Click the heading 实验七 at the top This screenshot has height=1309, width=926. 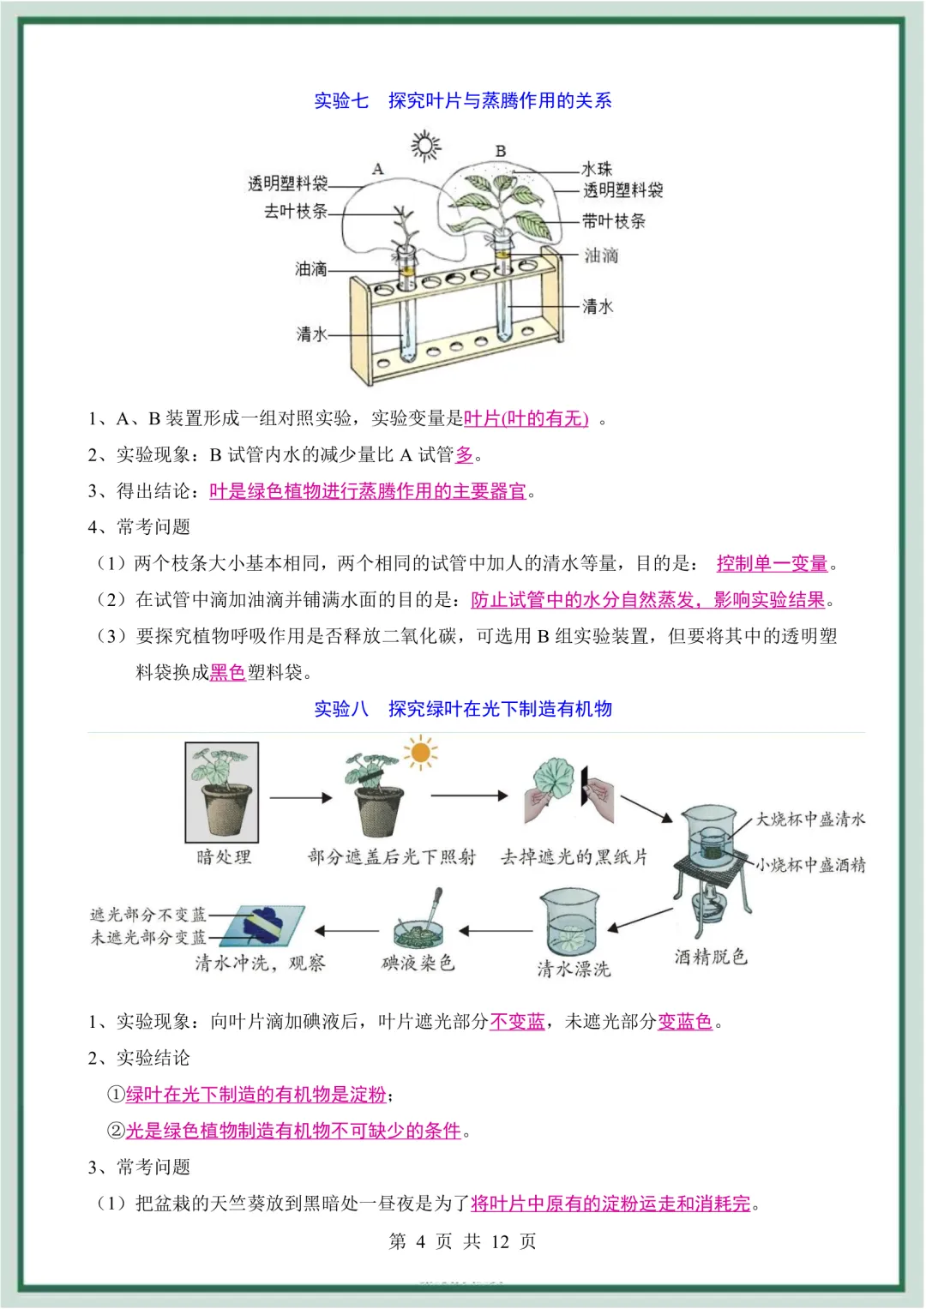tap(341, 101)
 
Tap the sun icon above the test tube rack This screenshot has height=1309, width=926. tap(425, 146)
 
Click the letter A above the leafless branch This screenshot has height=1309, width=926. tap(377, 169)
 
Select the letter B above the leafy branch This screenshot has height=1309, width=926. tap(501, 151)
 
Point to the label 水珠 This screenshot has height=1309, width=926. tap(597, 169)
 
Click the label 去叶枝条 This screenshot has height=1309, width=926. tap(295, 211)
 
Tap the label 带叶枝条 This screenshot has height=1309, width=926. tap(614, 221)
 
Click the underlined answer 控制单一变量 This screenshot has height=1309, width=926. tap(772, 563)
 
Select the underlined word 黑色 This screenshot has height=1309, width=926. tap(227, 672)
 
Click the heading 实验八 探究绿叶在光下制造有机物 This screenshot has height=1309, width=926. tap(463, 709)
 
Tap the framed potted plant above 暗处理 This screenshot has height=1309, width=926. tap(222, 792)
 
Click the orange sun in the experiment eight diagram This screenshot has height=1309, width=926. tap(420, 753)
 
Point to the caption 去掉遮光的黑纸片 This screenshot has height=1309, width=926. tap(574, 856)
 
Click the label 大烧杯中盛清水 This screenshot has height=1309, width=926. tap(810, 820)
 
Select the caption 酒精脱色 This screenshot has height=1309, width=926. tap(711, 957)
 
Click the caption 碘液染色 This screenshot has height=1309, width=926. tap(418, 963)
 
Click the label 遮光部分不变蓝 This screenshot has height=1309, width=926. tap(148, 915)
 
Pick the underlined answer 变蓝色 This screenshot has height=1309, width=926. tap(685, 1021)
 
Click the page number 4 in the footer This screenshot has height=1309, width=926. tap(420, 1241)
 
